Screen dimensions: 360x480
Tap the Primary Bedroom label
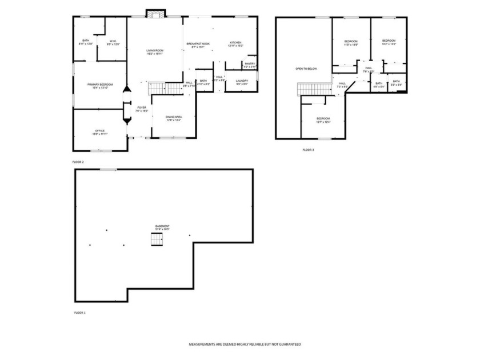click(100, 85)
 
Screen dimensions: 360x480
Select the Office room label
click(100, 131)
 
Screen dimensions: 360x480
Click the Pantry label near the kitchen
click(250, 63)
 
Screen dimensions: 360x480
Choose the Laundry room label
click(242, 81)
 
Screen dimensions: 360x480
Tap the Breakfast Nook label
click(198, 43)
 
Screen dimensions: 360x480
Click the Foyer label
click(141, 107)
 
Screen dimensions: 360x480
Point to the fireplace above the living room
click(155, 14)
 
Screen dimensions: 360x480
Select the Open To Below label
click(306, 69)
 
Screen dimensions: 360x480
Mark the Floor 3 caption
click(308, 150)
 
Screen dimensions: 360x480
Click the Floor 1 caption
click(79, 313)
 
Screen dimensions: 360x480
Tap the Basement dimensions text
click(162, 229)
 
